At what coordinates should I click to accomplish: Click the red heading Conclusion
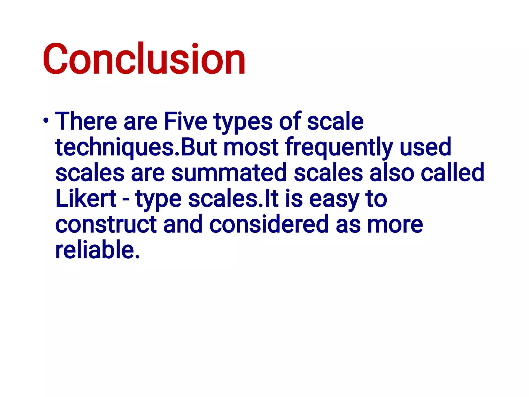coord(144,59)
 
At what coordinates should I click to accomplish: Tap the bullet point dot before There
coord(46,121)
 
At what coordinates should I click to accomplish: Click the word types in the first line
coord(243,122)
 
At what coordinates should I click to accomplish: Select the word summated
coord(229,173)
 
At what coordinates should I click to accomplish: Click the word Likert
coord(86,198)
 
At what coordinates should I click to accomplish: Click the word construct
coord(106,224)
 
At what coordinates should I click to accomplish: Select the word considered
coord(269,224)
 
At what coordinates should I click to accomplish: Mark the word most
coord(251,147)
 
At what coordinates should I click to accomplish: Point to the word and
coord(183,224)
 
